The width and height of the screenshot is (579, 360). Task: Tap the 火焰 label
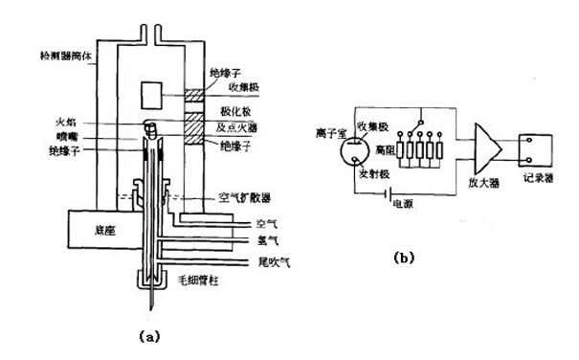tap(76, 122)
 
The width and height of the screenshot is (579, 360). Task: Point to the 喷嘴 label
tap(76, 136)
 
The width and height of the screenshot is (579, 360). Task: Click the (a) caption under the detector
tap(147, 336)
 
